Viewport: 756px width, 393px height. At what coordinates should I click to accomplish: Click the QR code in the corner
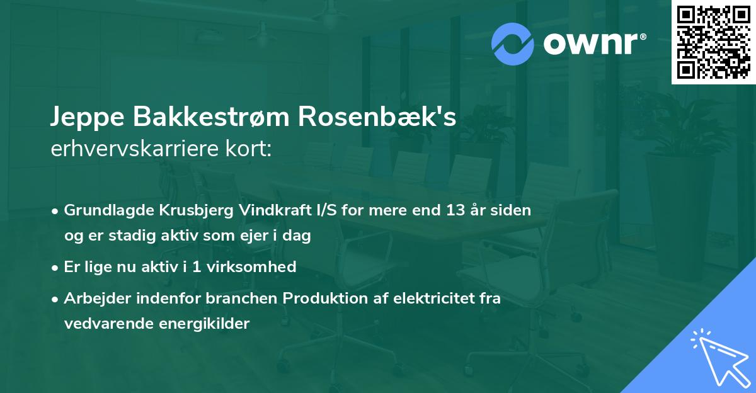click(713, 42)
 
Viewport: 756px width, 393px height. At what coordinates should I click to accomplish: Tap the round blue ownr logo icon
click(513, 43)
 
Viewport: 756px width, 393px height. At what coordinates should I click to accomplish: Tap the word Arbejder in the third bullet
click(93, 299)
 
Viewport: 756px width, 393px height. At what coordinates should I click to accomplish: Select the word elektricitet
click(427, 299)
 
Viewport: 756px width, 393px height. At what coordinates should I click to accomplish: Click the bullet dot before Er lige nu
click(56, 268)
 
